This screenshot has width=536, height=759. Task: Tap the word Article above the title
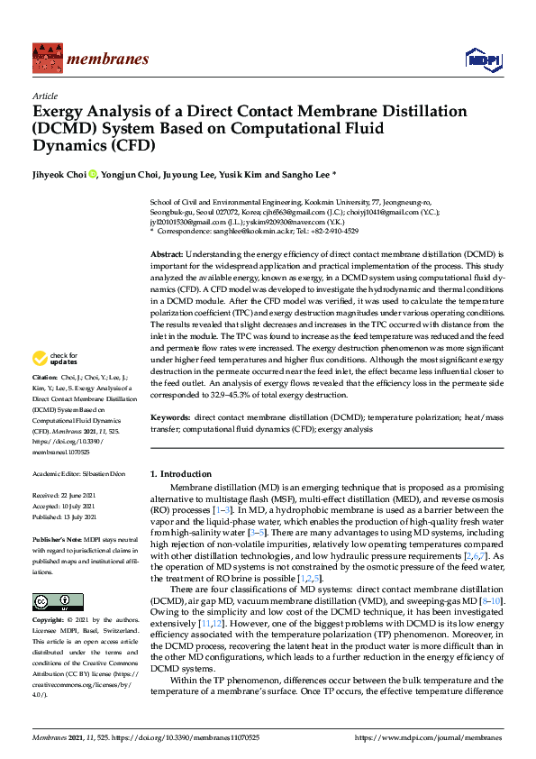pyautogui.click(x=45, y=95)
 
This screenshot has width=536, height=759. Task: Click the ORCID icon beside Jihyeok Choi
pyautogui.click(x=92, y=174)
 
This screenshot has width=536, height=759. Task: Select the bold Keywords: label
pyautogui.click(x=170, y=418)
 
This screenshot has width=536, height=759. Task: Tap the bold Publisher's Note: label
pyautogui.click(x=56, y=537)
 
